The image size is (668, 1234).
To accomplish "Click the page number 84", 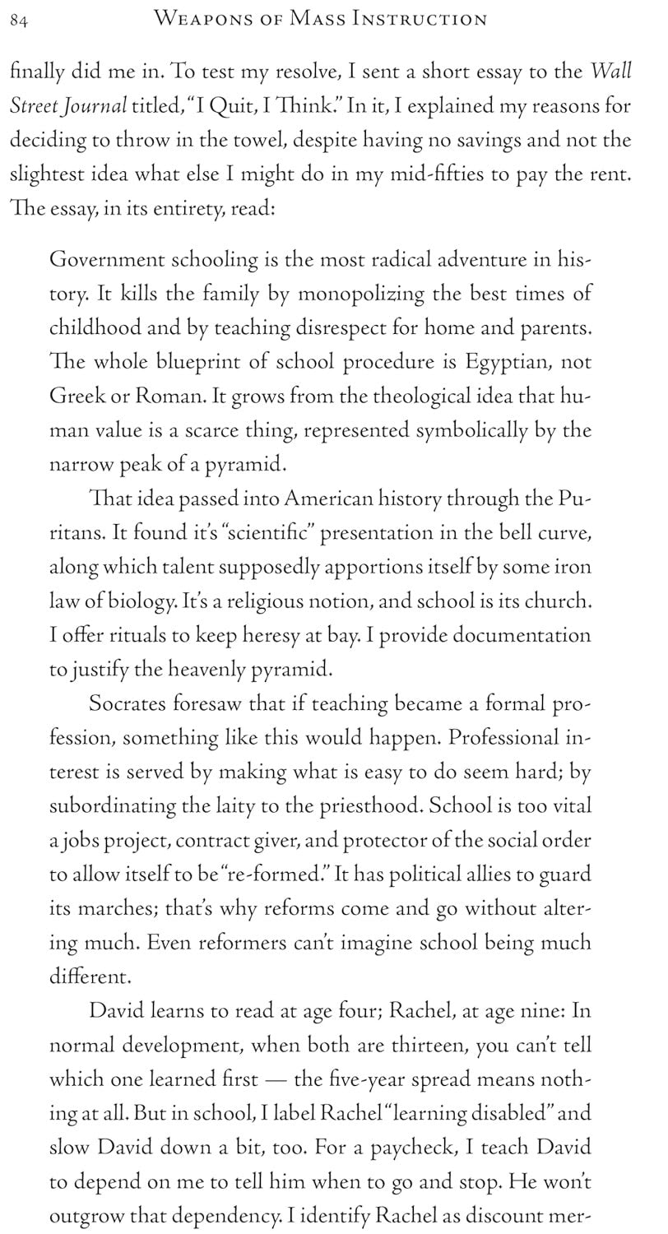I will tap(20, 21).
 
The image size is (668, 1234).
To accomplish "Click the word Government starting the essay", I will tap(107, 260).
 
